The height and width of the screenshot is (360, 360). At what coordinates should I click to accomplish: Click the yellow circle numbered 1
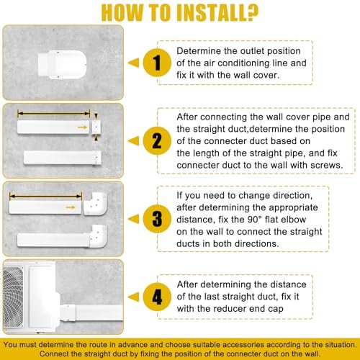point(157,63)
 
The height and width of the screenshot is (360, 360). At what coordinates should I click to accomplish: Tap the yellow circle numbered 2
point(157,141)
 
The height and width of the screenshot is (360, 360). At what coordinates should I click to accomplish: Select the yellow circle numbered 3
point(157,219)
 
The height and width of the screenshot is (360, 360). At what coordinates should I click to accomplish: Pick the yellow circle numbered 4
point(157,297)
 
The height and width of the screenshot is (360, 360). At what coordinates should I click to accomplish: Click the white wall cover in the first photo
point(62,64)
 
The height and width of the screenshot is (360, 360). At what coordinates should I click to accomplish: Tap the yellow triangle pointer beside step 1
point(133,63)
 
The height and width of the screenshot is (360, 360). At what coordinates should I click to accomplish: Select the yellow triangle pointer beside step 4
point(133,297)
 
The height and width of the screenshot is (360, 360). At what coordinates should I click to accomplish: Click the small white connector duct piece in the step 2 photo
point(96,127)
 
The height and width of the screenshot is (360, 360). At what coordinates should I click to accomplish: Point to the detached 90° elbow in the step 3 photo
point(95,204)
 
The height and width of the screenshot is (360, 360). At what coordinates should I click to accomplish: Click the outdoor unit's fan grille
point(13,297)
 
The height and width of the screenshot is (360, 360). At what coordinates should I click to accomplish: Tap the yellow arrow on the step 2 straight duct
point(82,127)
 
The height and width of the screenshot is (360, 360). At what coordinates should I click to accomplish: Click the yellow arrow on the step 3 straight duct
point(71,207)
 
